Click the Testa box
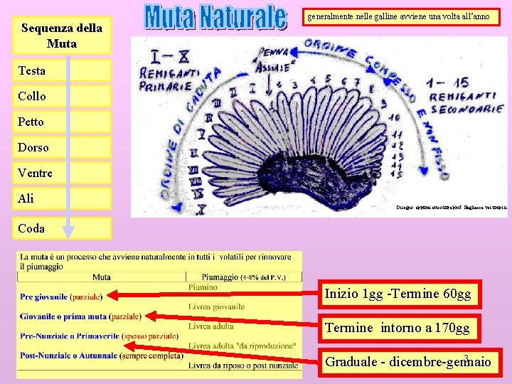tap(63, 70)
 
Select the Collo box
tap(63, 96)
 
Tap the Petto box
tap(63, 122)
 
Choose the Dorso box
tap(63, 147)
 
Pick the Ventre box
tap(63, 173)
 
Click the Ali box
tap(63, 198)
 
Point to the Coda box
tap(63, 228)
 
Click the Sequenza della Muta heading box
tap(62, 36)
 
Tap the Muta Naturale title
tap(215, 18)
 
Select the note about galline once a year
tap(398, 16)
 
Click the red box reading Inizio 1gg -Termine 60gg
tap(398, 294)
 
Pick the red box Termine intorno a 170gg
tap(398, 328)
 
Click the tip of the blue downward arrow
tap(68, 233)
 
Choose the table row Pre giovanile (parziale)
tap(61, 296)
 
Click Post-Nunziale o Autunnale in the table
tap(70, 355)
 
